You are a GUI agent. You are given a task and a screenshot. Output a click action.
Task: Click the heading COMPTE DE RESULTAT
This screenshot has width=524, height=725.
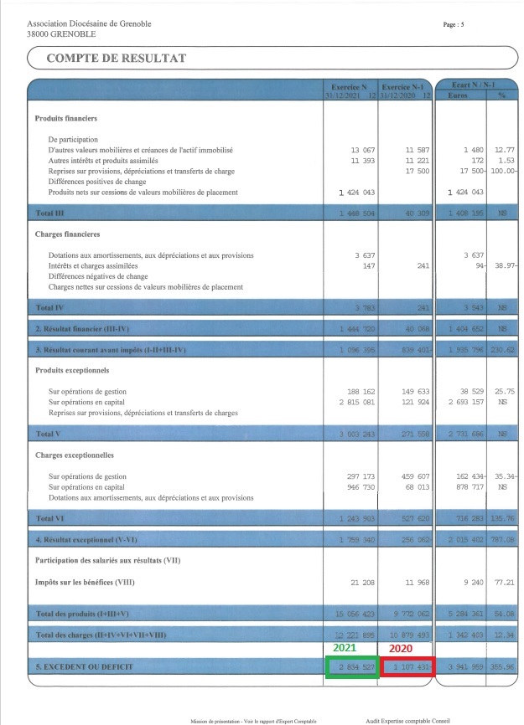pyautogui.click(x=117, y=58)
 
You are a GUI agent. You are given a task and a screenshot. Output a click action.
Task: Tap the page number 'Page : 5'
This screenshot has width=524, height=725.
pyautogui.click(x=454, y=24)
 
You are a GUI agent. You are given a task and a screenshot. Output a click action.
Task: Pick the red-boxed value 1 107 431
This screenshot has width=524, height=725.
pyautogui.click(x=410, y=667)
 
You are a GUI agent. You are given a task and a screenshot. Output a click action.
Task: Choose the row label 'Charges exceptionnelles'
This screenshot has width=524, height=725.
pyautogui.click(x=74, y=456)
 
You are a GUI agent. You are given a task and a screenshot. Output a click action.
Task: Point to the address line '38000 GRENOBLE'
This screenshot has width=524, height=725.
pyautogui.click(x=61, y=34)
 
